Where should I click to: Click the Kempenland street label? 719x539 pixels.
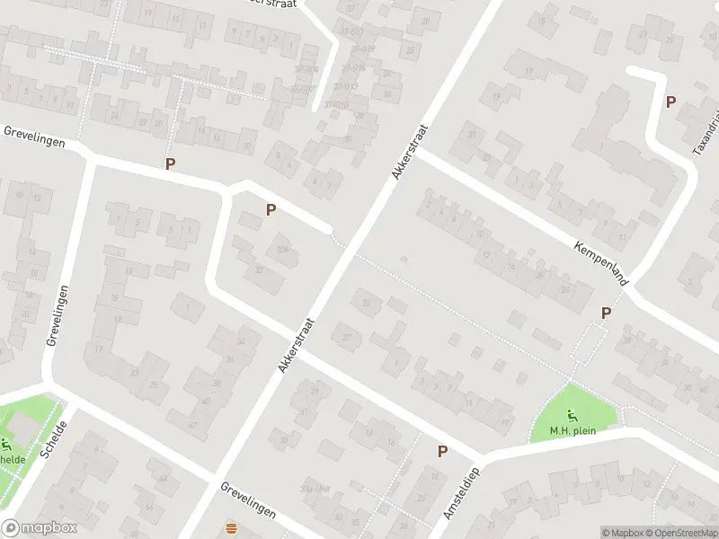(600, 261)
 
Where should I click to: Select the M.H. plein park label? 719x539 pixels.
(574, 430)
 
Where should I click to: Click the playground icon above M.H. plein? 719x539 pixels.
(574, 415)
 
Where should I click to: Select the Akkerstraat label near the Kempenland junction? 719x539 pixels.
(409, 152)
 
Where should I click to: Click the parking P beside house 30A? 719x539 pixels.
(270, 210)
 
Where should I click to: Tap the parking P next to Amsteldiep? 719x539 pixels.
(442, 451)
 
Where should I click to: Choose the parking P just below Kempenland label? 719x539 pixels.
(606, 313)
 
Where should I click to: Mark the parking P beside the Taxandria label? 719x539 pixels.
(670, 102)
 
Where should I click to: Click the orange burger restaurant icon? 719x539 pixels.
(232, 529)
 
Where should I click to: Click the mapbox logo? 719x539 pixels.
(40, 528)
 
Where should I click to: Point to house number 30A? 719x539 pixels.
(284, 250)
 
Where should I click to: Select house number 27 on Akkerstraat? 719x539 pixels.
(347, 338)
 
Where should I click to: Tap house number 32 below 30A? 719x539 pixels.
(259, 269)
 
